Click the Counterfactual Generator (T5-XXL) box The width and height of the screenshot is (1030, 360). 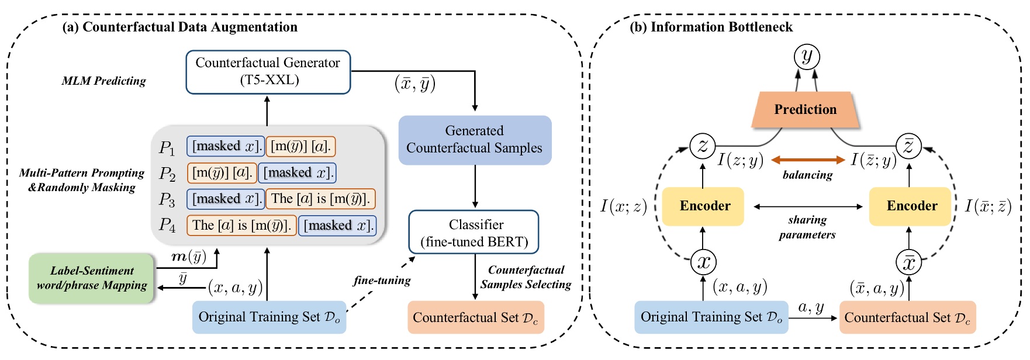pos(268,72)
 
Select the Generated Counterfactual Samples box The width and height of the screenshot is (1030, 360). pos(474,140)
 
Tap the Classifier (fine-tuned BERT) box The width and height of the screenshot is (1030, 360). pos(474,233)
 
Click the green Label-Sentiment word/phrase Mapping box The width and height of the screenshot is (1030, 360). pos(92,278)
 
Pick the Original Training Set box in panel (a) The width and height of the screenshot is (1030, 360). pos(269,317)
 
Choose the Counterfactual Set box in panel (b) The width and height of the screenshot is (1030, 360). pos(907,318)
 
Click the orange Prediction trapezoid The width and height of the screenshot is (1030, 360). pos(805,110)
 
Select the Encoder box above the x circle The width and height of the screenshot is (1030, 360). pos(703,206)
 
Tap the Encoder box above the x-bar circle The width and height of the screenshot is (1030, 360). pos(911,206)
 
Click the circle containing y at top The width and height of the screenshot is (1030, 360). pos(807,57)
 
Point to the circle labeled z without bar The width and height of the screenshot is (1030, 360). pos(703,146)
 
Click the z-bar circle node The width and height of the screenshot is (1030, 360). pos(908,146)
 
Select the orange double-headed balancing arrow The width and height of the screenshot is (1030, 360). pos(807,160)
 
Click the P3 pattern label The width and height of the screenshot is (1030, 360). pos(167,200)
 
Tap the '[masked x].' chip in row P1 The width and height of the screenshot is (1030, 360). pos(225,146)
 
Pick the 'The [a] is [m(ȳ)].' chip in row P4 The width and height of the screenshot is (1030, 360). pos(241,226)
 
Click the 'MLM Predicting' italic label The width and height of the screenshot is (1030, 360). pos(103,81)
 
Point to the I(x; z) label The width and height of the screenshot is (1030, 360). pos(623,206)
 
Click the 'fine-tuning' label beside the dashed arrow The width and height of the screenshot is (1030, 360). pos(382,281)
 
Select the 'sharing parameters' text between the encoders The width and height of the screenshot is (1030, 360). pos(807,227)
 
